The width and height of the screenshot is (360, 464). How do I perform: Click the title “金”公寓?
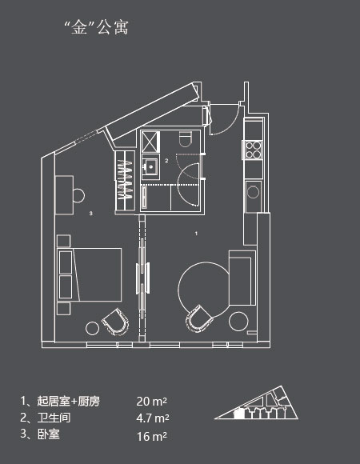97,27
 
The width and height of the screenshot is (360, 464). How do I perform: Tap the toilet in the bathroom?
186,138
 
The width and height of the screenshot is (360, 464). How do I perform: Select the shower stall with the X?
150,142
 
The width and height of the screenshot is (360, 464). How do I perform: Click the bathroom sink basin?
151,167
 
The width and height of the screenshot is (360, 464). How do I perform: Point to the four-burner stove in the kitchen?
254,150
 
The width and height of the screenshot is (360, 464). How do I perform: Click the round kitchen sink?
253,192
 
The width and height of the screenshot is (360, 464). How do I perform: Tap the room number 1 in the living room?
196,234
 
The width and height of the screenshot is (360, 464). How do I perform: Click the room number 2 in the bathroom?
166,161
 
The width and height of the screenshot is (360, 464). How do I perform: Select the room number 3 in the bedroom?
91,213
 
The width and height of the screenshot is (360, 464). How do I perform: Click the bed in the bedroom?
90,274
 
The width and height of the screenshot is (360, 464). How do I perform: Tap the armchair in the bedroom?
116,322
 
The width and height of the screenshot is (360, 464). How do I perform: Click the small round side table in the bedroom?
92,329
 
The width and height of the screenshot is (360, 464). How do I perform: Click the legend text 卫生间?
54,418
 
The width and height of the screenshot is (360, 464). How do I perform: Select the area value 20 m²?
152,402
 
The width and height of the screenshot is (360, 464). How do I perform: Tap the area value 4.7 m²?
153,418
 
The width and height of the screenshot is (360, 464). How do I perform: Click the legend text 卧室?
49,434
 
